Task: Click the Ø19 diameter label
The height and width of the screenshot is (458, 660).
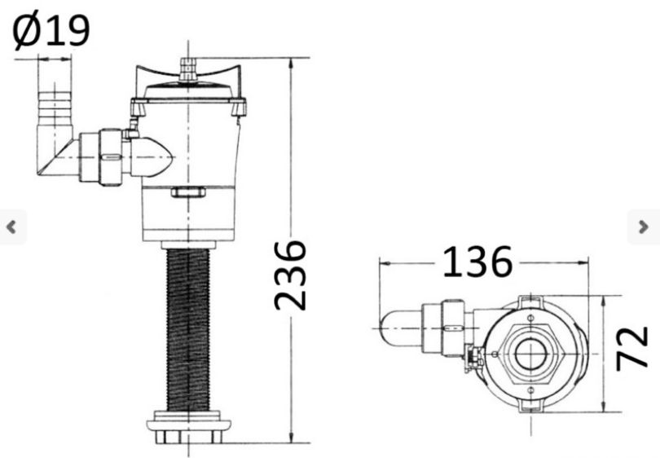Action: pyautogui.click(x=51, y=29)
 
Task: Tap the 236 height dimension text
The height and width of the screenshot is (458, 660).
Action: pyautogui.click(x=290, y=275)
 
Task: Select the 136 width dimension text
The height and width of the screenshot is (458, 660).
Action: pyautogui.click(x=477, y=262)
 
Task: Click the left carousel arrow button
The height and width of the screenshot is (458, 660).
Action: pyautogui.click(x=12, y=227)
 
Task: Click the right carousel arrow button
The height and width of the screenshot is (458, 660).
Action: pyautogui.click(x=643, y=227)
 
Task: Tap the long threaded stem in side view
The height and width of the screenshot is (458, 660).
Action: pyautogui.click(x=188, y=330)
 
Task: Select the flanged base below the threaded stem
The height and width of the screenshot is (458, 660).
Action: pyautogui.click(x=188, y=427)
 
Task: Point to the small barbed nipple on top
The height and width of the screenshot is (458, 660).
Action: pyautogui.click(x=188, y=70)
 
